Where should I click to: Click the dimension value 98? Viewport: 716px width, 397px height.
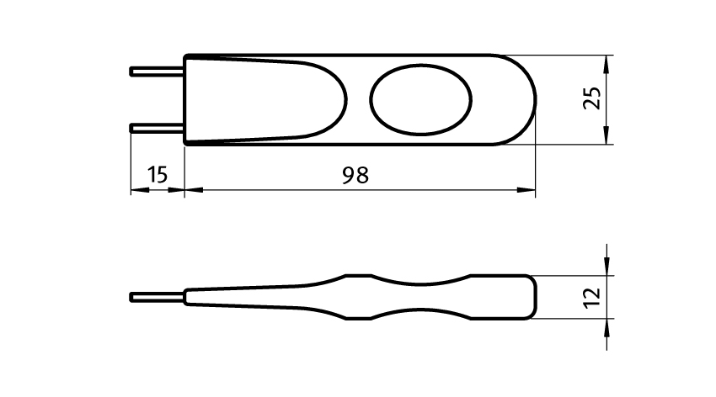pos(355,175)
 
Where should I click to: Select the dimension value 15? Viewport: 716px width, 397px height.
pos(158,175)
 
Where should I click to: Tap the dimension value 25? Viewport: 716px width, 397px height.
pos(592,98)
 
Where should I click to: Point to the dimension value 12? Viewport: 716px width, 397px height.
pos(592,297)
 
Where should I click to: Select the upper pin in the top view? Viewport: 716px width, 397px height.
pos(157,71)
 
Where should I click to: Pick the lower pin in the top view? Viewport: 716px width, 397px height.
pos(157,128)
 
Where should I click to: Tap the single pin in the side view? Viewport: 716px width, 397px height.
pos(157,297)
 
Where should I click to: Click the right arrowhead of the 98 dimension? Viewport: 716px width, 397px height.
pos(526,189)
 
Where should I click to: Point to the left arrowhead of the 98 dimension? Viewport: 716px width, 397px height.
pos(194,189)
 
